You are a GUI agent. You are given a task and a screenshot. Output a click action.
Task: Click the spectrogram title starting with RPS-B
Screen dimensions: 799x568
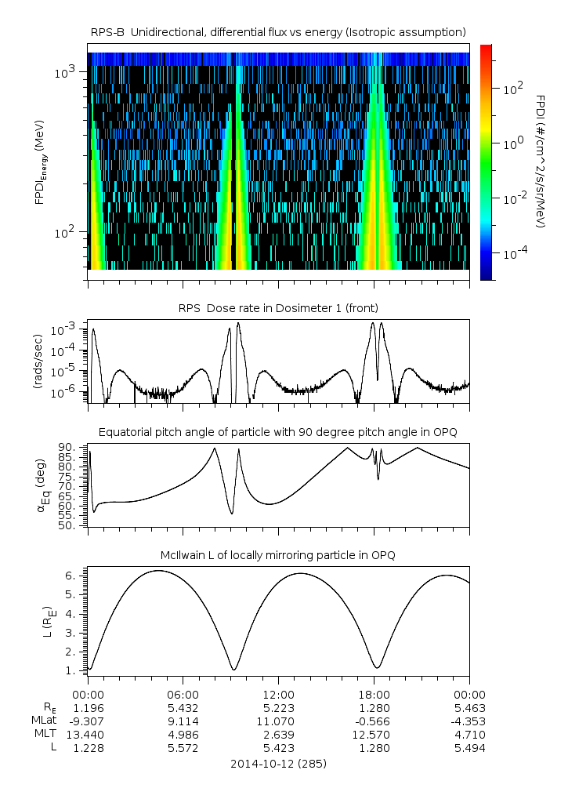tap(278, 31)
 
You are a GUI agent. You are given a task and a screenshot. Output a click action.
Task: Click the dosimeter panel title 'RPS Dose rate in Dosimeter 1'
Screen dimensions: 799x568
tap(278, 307)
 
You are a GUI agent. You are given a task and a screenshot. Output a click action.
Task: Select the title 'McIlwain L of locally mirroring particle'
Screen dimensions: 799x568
tap(278, 555)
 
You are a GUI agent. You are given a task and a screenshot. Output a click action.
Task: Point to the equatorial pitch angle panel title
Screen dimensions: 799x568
tap(278, 432)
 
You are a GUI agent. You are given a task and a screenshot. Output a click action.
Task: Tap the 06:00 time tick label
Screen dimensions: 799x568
tap(183, 694)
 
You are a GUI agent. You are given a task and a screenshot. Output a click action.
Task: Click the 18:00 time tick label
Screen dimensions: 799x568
tap(374, 694)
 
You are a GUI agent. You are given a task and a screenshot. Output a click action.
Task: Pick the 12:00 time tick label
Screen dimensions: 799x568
tap(279, 694)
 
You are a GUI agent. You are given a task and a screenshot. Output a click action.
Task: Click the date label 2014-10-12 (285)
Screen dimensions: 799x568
tap(278, 763)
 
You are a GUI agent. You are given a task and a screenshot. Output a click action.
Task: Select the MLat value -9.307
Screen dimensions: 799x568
tap(88, 721)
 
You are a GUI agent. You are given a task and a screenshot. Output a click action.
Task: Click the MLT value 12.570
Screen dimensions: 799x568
tap(374, 735)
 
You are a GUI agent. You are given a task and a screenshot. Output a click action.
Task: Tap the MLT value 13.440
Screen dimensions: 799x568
tap(88, 735)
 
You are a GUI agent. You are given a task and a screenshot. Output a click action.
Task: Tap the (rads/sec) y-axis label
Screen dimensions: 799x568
tap(38, 361)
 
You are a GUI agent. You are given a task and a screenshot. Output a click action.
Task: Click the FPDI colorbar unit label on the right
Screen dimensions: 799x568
tap(541, 161)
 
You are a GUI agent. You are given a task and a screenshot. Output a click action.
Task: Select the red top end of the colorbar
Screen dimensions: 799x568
tap(487, 49)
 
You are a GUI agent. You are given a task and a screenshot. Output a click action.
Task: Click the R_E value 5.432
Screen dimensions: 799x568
tap(183, 707)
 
